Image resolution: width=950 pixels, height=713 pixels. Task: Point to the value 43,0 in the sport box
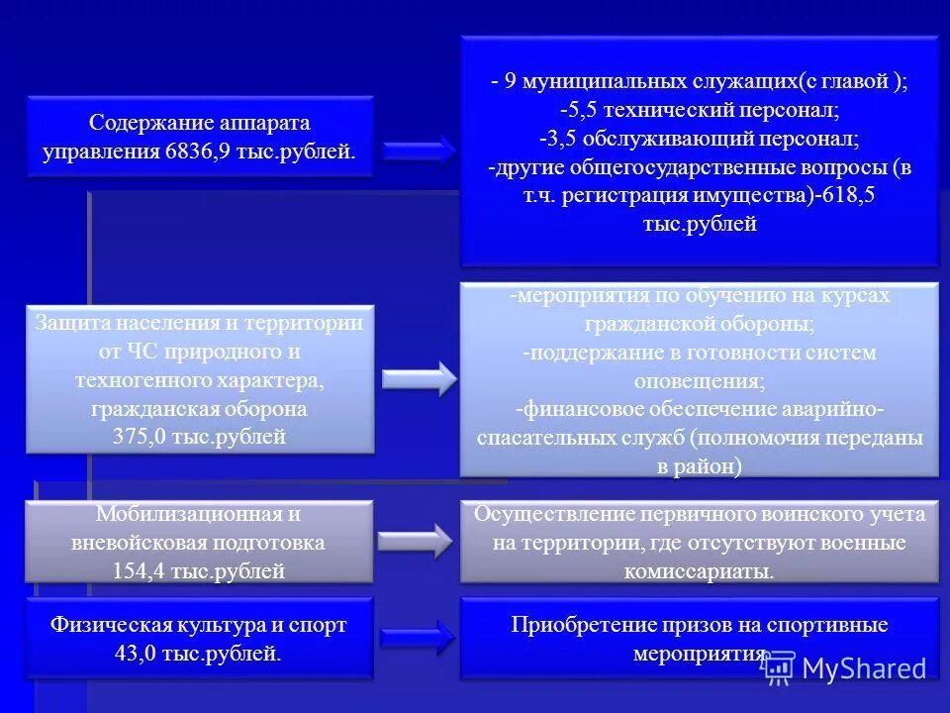pos(139,654)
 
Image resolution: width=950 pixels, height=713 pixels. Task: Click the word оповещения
pos(699,380)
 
